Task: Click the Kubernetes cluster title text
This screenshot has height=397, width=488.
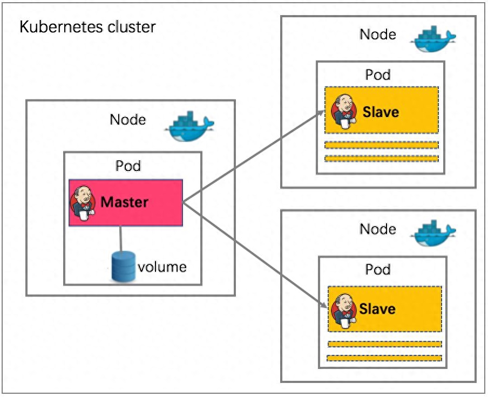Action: pos(87,27)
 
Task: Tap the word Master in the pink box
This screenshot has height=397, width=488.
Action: pos(124,202)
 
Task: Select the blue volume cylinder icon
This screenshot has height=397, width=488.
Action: pos(123,266)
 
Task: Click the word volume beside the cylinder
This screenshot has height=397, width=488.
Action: pos(162,267)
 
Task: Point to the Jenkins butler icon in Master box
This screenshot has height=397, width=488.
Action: pos(83,203)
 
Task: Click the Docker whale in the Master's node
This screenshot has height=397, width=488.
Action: pos(189,126)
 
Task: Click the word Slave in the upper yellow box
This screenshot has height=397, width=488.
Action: pos(381,112)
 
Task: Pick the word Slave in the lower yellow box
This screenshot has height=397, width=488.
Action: pos(377,309)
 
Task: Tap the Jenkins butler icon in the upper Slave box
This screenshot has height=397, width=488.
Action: pos(344,112)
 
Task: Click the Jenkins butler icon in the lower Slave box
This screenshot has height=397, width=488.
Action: pos(344,311)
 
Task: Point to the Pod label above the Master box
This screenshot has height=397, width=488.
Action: pos(128,166)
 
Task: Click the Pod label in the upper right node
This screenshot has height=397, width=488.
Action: pos(378,74)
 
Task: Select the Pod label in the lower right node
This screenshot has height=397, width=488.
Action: pos(378,269)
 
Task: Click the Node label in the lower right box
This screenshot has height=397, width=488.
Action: pos(378,229)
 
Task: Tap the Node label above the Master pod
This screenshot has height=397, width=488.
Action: pos(128,119)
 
